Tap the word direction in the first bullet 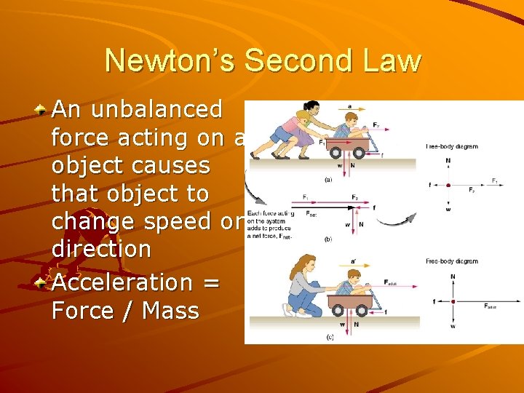coord(101,249)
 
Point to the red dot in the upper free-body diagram coord(448,185)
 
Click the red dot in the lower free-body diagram coord(453,301)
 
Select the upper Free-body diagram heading coord(452,146)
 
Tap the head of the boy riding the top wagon coord(352,118)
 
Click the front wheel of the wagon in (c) coord(365,308)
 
